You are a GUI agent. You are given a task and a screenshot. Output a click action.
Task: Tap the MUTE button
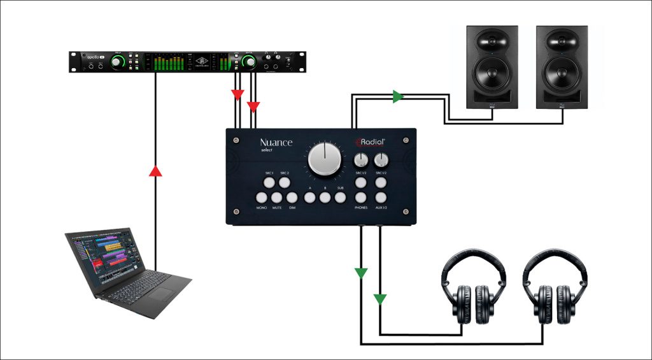click(x=277, y=198)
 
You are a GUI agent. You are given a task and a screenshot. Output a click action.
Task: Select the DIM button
click(x=292, y=198)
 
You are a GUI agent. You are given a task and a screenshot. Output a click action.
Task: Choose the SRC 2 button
click(x=284, y=184)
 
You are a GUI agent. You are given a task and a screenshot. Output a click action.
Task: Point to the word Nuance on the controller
click(x=276, y=143)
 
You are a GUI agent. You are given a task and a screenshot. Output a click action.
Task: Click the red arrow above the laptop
click(x=155, y=171)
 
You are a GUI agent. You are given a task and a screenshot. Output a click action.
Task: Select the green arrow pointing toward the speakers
click(x=398, y=97)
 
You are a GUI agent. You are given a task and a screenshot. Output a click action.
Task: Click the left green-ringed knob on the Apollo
click(x=118, y=62)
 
